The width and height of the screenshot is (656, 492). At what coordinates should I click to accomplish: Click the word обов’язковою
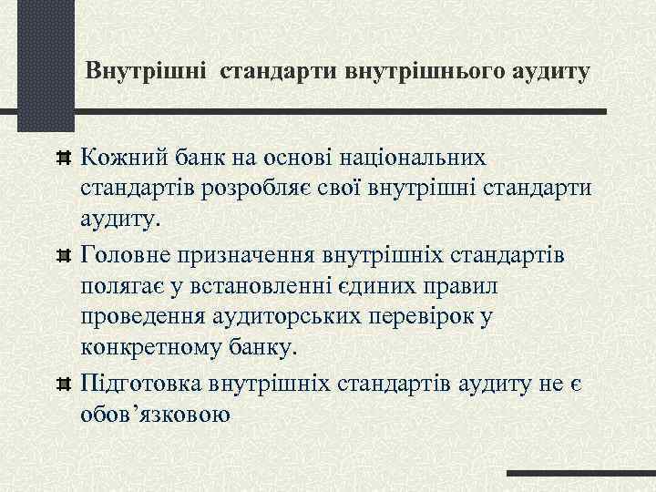[x=156, y=413]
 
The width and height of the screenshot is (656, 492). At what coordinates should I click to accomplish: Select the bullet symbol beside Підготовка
[x=64, y=382]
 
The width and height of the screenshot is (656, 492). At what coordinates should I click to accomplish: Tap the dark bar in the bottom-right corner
[x=580, y=474]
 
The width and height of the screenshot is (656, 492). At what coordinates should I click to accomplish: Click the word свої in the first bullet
[x=345, y=189]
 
